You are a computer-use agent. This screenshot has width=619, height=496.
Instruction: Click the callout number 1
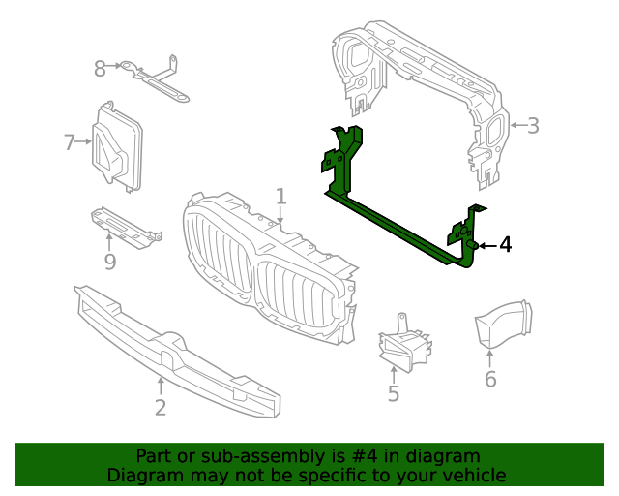pyautogui.click(x=280, y=197)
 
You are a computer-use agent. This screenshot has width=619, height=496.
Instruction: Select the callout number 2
pyautogui.click(x=161, y=408)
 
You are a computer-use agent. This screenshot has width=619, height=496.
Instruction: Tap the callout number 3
pyautogui.click(x=532, y=125)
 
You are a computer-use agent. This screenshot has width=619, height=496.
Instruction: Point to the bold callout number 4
pyautogui.click(x=504, y=245)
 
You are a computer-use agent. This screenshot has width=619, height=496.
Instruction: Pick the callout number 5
pyautogui.click(x=394, y=393)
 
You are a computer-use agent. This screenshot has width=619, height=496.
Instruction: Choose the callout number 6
pyautogui.click(x=490, y=379)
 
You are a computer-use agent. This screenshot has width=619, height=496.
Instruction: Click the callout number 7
pyautogui.click(x=70, y=143)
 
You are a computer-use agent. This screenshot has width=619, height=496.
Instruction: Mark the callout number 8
pyautogui.click(x=100, y=68)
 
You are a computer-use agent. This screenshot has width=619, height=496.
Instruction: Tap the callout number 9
pyautogui.click(x=109, y=262)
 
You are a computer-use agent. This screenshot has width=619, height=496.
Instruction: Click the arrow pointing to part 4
pyautogui.click(x=486, y=246)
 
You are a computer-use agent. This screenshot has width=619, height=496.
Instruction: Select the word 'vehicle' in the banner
pyautogui.click(x=473, y=475)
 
